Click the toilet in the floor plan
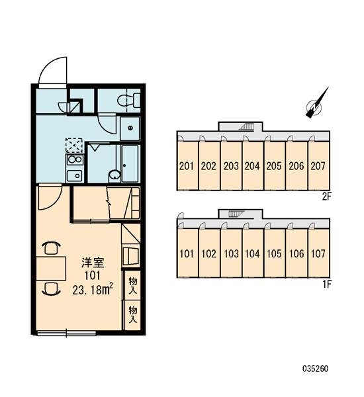pos(129,100)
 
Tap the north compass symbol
pos(316,104)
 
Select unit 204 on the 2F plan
pos(252,166)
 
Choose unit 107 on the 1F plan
pos(318,253)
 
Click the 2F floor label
pos(327,197)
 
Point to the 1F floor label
pos(327,285)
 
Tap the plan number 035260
pos(316,369)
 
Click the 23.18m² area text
pos(93,290)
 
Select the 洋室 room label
pos(93,263)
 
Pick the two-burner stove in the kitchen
pos(75,159)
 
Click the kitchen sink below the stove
pos(75,175)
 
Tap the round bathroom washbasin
pos(114,175)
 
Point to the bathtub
pos(130,163)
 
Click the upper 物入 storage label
pos(133,285)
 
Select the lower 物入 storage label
pos(133,315)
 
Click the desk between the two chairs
pos(51,269)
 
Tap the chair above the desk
pos(51,248)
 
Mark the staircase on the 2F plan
pos(246,126)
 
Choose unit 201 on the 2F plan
pos(187,166)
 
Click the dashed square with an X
pos(74,146)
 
